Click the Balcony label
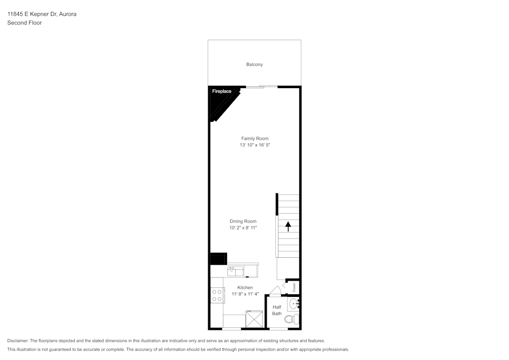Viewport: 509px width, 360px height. [x=254, y=65]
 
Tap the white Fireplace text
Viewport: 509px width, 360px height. [x=221, y=92]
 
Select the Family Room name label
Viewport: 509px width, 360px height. [x=254, y=139]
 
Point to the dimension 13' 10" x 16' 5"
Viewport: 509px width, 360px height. [x=254, y=145]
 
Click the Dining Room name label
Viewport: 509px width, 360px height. [x=243, y=221]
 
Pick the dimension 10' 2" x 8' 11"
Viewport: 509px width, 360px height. [x=243, y=228]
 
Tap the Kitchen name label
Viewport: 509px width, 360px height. [x=245, y=288]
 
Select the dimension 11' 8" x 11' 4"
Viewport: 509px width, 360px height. [x=245, y=294]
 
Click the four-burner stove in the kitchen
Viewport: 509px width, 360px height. [x=217, y=295]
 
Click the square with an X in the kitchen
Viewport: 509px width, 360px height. [x=254, y=319]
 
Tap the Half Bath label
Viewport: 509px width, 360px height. [x=277, y=310]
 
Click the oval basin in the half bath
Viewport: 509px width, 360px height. [x=293, y=304]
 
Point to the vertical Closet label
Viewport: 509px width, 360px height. [x=294, y=287]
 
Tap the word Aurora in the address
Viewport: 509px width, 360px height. [x=67, y=14]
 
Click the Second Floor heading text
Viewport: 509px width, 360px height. [x=24, y=23]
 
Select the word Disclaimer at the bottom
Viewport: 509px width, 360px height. [x=18, y=341]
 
